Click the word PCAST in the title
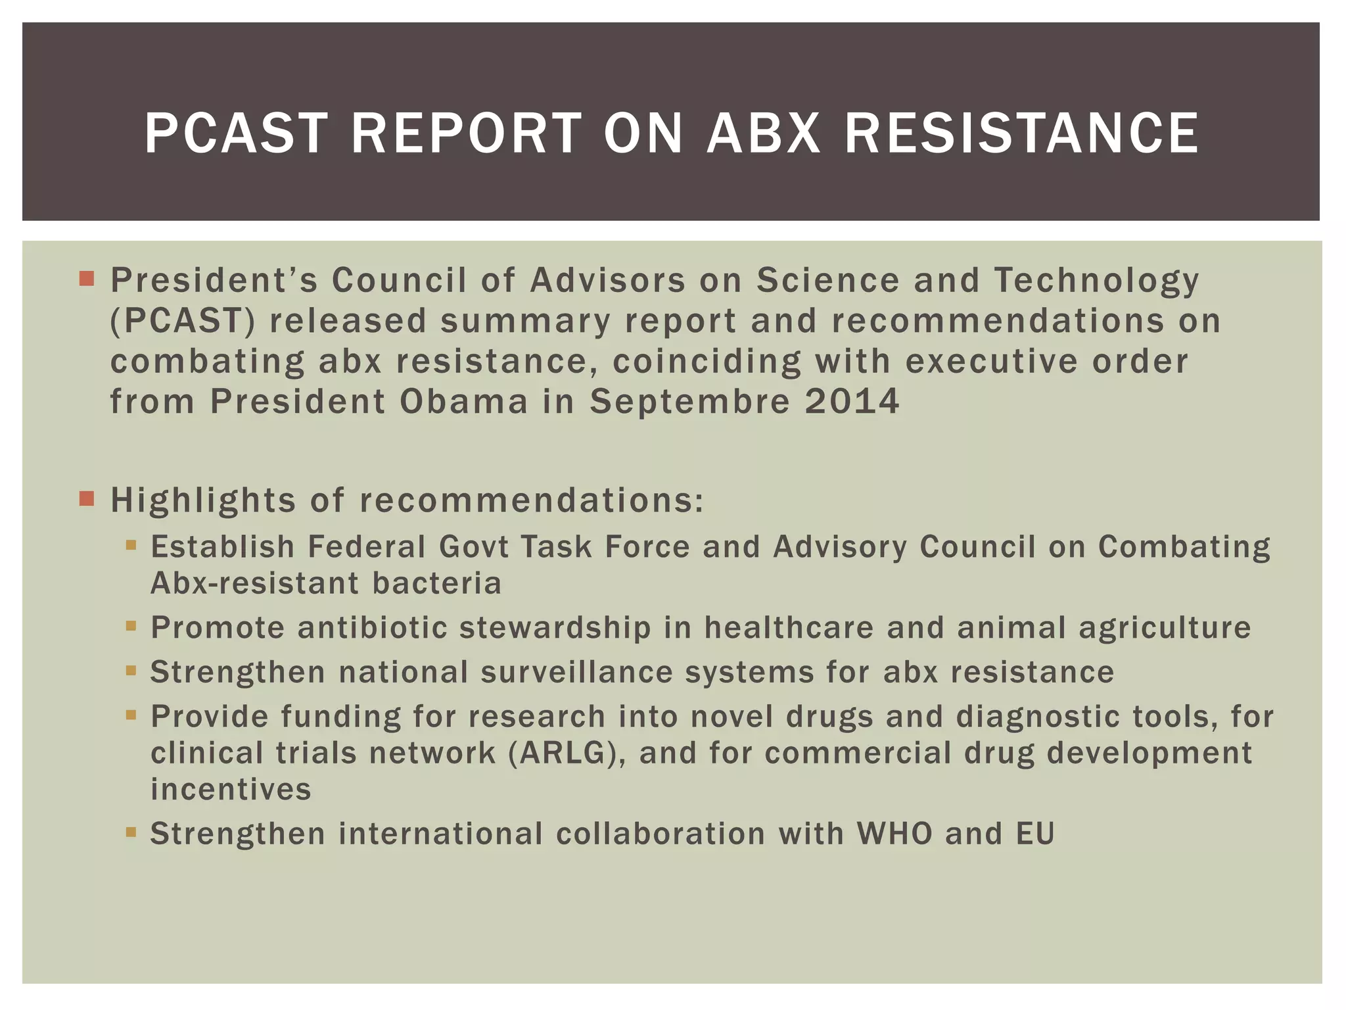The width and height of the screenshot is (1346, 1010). pos(235,133)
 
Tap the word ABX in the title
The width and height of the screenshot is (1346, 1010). pos(764,133)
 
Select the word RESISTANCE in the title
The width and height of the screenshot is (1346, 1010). pos(1021,133)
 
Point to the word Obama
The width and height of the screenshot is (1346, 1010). pos(463,401)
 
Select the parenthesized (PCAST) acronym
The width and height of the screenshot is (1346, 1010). pos(182,321)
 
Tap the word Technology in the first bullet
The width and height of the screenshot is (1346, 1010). pos(1096,281)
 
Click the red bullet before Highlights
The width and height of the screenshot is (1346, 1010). pos(87,498)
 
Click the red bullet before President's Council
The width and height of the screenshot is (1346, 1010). pos(87,279)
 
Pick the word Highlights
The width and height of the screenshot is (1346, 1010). pos(203,500)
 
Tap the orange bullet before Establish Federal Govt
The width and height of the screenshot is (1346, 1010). pos(131,545)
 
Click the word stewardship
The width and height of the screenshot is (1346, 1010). pos(555,627)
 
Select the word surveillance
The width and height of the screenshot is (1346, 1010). pos(576,672)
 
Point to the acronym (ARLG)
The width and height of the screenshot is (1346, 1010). pos(567,753)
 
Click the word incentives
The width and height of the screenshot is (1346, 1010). pos(231,789)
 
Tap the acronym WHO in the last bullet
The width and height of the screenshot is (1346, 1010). pos(894,834)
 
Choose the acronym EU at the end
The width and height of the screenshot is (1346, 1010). pos(1035,834)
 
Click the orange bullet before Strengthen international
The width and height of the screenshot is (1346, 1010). pos(131,832)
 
